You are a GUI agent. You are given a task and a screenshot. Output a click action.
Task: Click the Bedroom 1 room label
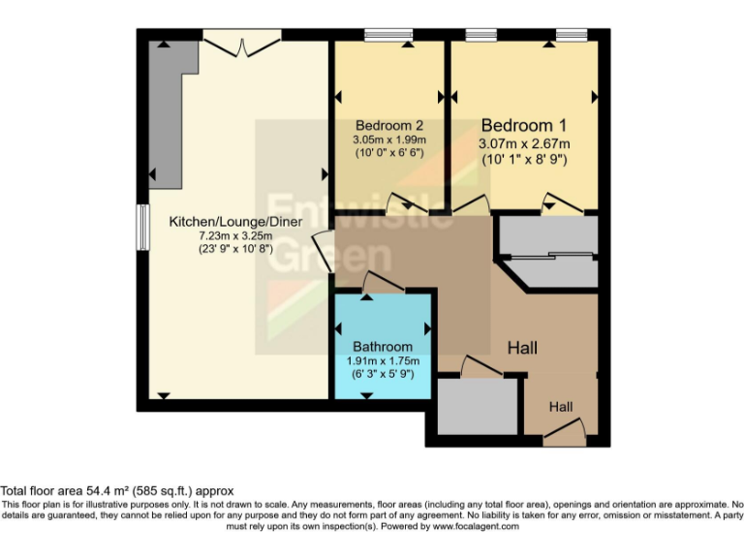pyautogui.click(x=523, y=126)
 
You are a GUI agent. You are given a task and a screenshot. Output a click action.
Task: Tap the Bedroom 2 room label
pyautogui.click(x=389, y=126)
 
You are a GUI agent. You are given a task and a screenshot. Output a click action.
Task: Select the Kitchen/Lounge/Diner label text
pyautogui.click(x=236, y=222)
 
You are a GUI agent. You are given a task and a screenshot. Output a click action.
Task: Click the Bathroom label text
pyautogui.click(x=383, y=347)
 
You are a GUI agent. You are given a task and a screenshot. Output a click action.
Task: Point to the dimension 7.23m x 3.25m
pyautogui.click(x=236, y=235)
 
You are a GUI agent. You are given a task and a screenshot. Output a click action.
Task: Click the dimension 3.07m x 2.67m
pyautogui.click(x=523, y=144)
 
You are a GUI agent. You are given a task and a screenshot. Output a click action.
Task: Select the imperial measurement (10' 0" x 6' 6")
pyautogui.click(x=389, y=153)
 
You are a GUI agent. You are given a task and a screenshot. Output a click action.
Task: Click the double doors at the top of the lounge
pyautogui.click(x=241, y=42)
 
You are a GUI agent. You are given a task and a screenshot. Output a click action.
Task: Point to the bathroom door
pyautogui.click(x=382, y=282)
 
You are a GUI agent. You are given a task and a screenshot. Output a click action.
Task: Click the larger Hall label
pyautogui.click(x=522, y=347)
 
